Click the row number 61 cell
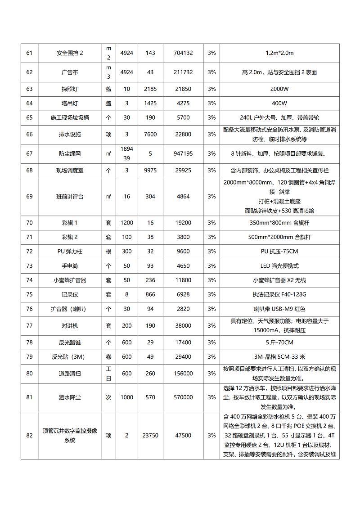point(29,53)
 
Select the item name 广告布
point(70,72)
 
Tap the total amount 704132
point(183,53)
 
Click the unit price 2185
point(150,89)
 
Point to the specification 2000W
point(279,89)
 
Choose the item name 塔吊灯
point(70,103)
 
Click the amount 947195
point(183,153)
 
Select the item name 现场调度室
point(70,171)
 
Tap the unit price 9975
point(150,171)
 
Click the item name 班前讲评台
point(70,197)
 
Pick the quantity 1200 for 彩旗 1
point(127,223)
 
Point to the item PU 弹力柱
point(70,252)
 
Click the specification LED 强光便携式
point(279,266)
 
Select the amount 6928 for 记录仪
point(183,294)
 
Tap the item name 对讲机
point(70,325)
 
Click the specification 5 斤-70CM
point(279,342)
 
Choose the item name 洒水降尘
point(70,397)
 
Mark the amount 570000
point(183,397)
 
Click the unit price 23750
point(150,436)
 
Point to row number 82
point(29,436)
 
